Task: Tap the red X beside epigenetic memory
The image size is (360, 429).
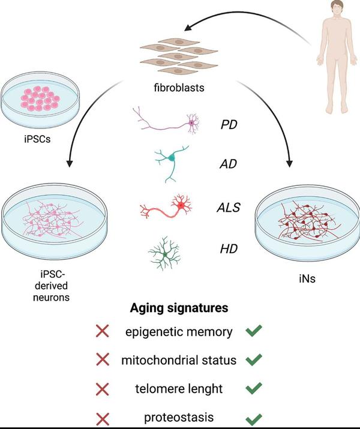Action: click(103, 332)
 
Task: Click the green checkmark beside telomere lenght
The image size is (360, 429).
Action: click(254, 388)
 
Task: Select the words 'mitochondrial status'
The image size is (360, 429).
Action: click(178, 360)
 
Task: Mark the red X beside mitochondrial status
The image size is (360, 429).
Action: click(103, 360)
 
